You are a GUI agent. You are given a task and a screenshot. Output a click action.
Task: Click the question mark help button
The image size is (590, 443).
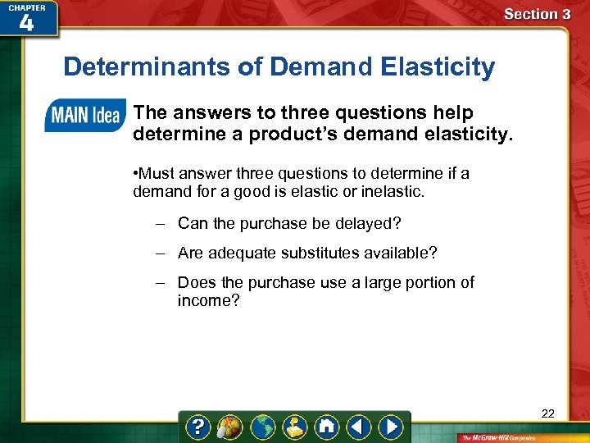point(199,427)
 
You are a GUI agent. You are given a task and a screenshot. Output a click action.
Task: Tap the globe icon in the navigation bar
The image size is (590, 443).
point(263,427)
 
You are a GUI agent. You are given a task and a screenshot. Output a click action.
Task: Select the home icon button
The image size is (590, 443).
point(327,427)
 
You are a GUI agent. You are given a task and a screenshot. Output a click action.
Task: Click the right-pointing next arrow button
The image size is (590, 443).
point(391,427)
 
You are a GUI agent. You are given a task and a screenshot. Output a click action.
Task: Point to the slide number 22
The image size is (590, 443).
point(547,413)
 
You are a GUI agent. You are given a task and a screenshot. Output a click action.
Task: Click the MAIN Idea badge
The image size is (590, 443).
point(84,116)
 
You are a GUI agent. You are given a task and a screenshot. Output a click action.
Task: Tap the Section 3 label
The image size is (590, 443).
point(537,14)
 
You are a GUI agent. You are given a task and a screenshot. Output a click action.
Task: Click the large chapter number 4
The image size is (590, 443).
point(26,23)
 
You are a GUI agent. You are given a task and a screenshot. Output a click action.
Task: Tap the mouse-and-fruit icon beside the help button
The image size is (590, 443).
point(230,427)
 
